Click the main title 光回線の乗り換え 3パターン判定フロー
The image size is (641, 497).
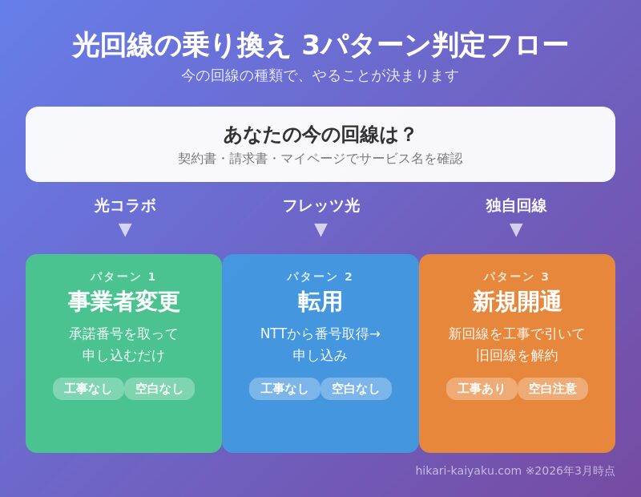tap(320, 46)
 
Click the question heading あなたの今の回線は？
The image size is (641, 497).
tap(320, 134)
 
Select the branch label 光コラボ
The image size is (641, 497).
tap(125, 206)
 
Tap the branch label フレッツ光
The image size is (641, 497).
tap(320, 206)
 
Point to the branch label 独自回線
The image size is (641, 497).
tap(516, 206)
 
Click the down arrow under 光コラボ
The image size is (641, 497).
tap(125, 230)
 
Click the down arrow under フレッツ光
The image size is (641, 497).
tap(320, 230)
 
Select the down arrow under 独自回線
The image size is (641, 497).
tap(516, 230)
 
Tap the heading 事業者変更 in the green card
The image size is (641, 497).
tap(124, 302)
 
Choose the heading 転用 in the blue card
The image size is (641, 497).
tap(320, 302)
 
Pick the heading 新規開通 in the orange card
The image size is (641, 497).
tap(517, 302)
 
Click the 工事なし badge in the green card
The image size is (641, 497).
tap(88, 389)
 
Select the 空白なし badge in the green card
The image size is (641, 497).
tap(159, 389)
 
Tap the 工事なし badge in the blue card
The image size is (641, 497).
tap(284, 389)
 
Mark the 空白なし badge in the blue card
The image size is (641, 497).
tap(356, 389)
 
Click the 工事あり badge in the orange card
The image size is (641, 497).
tap(482, 389)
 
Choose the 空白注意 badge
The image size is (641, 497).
tap(552, 389)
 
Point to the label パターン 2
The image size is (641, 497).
tap(320, 277)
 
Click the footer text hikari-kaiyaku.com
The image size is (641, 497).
tap(468, 471)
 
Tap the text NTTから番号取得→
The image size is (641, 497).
tap(320, 333)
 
